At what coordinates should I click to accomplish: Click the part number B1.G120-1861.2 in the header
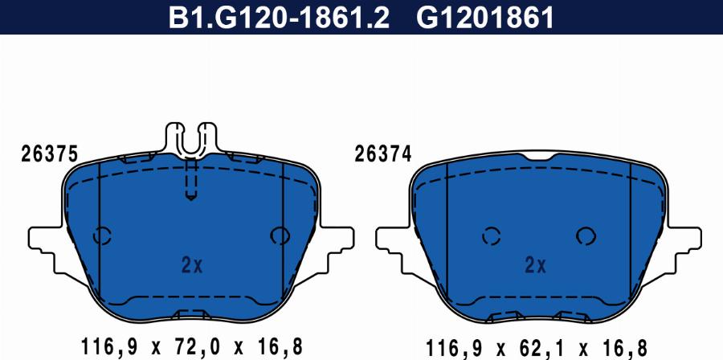[279, 18]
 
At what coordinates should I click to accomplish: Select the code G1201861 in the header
[484, 18]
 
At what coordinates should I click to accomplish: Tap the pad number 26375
[49, 154]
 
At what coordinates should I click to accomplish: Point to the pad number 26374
[382, 154]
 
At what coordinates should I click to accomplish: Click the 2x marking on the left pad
[192, 265]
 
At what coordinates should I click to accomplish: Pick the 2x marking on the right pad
[535, 265]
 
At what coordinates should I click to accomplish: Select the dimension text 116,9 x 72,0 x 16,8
[191, 346]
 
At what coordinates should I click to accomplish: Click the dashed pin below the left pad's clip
[191, 180]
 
